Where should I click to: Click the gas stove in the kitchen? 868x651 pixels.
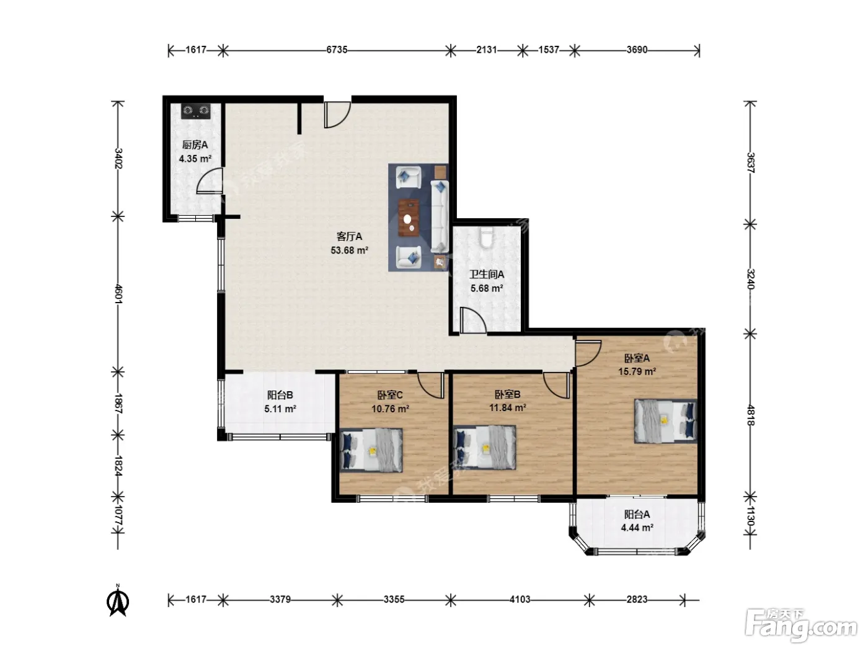(195, 111)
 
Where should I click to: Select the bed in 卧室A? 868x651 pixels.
(665, 420)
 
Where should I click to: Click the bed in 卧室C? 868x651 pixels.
(371, 450)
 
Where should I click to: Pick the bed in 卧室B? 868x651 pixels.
(484, 448)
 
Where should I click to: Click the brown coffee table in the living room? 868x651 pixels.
(409, 218)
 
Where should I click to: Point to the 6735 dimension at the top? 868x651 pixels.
(337, 50)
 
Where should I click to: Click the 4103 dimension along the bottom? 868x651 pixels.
(519, 600)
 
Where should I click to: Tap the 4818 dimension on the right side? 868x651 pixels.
(750, 415)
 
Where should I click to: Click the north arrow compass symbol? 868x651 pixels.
(118, 601)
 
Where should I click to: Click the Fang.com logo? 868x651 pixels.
(801, 626)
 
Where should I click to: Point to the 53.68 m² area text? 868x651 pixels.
(350, 250)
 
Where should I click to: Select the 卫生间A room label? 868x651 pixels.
(487, 274)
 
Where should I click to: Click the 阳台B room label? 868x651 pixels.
(280, 395)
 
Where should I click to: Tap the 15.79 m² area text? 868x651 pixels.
(637, 371)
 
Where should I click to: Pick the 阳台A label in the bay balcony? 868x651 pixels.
(637, 514)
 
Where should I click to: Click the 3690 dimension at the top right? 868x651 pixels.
(637, 50)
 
